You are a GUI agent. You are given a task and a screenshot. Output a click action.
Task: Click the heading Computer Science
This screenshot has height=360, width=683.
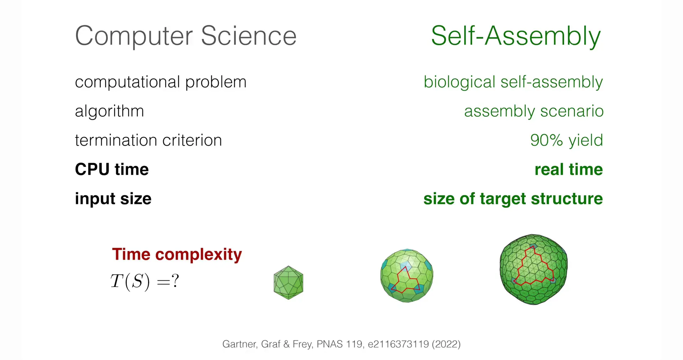(x=186, y=36)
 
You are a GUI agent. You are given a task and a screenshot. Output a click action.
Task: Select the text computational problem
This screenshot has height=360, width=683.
(x=160, y=82)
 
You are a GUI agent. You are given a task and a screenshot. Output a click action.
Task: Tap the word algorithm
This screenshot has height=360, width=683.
(x=110, y=111)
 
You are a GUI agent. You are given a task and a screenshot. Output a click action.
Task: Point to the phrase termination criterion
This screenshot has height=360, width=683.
(x=148, y=140)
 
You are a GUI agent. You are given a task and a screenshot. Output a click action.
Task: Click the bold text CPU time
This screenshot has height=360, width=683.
(x=112, y=169)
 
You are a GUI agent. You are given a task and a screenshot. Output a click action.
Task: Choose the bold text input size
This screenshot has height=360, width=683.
(x=113, y=198)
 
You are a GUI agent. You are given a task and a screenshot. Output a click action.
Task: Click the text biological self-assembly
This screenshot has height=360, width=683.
(x=513, y=82)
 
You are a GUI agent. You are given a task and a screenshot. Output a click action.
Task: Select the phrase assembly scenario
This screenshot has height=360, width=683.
(x=534, y=111)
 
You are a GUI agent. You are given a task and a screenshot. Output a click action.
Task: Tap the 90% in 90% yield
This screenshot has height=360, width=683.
(x=547, y=140)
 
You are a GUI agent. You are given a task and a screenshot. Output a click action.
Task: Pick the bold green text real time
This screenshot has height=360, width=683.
(x=569, y=169)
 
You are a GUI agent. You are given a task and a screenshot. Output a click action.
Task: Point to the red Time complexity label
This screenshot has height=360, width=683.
(x=177, y=254)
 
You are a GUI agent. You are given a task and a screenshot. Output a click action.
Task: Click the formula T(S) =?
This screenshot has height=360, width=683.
(x=145, y=281)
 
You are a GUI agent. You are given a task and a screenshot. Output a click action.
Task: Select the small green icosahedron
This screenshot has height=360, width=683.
(x=288, y=282)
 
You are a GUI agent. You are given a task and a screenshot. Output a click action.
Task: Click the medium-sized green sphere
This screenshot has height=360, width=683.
(x=407, y=276)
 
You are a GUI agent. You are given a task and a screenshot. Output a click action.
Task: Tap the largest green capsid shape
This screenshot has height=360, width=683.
(x=534, y=269)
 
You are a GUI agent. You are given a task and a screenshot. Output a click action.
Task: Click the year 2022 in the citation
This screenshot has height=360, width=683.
(x=446, y=344)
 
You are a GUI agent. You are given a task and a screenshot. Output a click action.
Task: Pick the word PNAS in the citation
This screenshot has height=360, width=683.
(x=330, y=344)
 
